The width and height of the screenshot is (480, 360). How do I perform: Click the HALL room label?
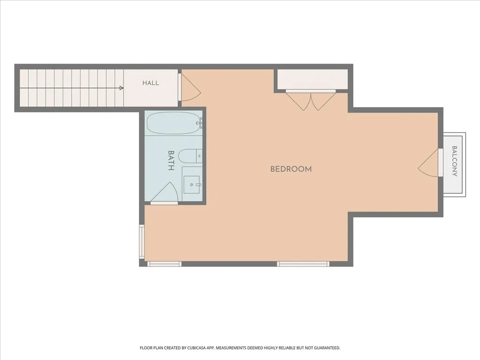coord(150,82)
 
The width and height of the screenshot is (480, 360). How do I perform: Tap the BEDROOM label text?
coord(291,169)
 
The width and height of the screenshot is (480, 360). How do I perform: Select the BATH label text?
coord(171,160)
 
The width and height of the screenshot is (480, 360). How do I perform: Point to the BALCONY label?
coord(455,161)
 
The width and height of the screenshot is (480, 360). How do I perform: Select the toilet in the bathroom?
coord(190,156)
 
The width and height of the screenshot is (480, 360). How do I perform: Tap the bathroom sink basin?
coord(192,185)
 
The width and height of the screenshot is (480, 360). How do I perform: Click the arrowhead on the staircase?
coord(121,88)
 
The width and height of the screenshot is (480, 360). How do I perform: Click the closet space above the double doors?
coord(312,79)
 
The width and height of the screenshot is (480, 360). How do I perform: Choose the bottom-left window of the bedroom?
coord(164,264)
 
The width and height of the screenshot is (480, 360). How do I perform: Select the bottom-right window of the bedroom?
coord(303,264)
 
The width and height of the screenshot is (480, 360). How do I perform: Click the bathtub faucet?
coord(200,123)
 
